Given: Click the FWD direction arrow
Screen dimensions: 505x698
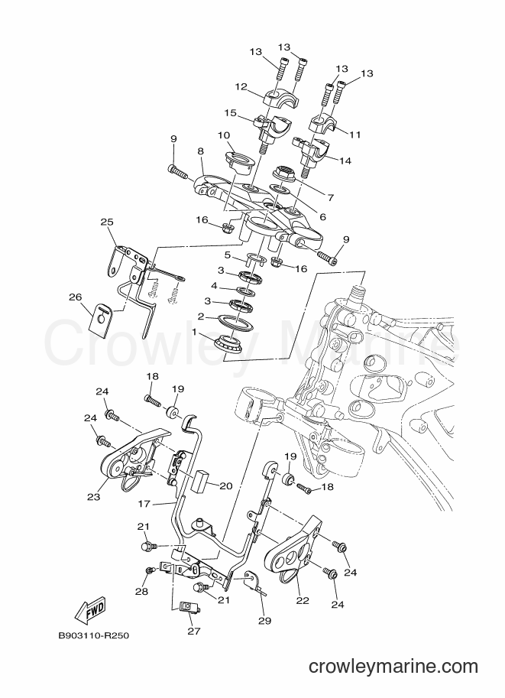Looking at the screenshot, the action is click(x=91, y=610).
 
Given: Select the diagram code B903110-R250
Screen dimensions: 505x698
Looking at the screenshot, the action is click(x=94, y=635).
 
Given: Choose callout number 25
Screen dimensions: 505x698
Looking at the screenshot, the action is click(x=107, y=222).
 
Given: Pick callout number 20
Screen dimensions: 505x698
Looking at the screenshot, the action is click(x=226, y=486).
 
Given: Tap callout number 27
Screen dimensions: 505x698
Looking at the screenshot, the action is click(x=194, y=630).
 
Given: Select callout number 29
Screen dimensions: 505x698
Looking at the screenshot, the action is click(x=265, y=621).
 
